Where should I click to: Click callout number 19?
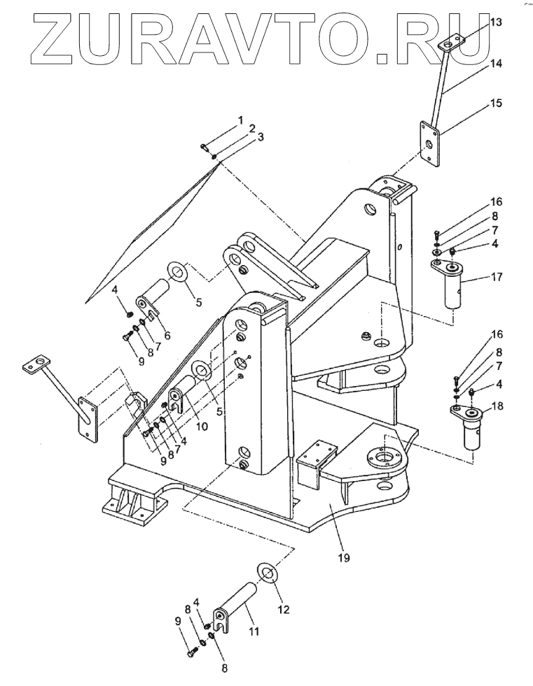[x=344, y=558]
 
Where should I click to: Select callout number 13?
[x=496, y=22]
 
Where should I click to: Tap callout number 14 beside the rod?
[x=496, y=64]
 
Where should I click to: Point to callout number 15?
[x=496, y=103]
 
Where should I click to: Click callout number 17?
[x=496, y=277]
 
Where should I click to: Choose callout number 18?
[x=497, y=406]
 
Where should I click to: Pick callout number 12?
[x=284, y=609]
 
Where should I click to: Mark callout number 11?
[x=254, y=631]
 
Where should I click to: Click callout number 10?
[x=202, y=426]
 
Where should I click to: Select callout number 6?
[x=167, y=336]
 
